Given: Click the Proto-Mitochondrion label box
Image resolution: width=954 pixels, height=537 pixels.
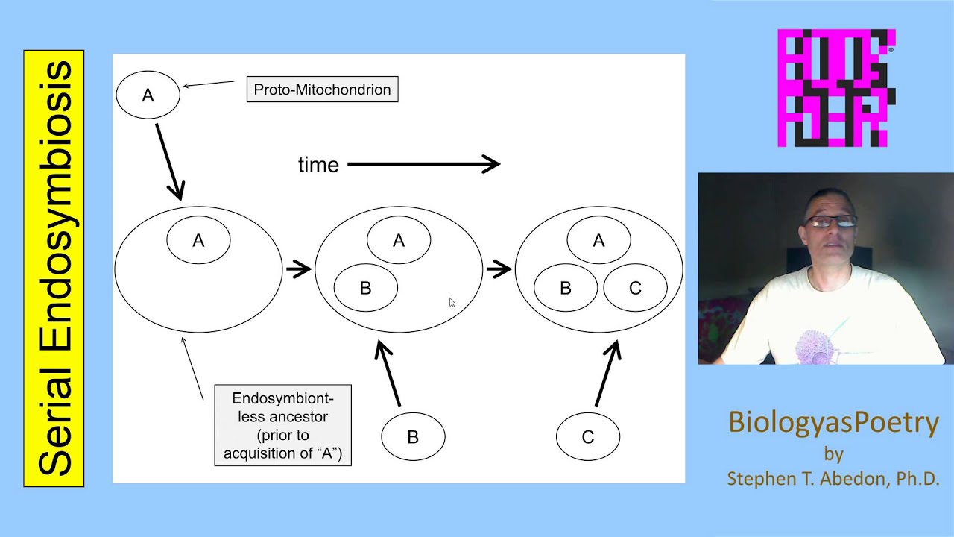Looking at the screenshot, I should pos(322,89).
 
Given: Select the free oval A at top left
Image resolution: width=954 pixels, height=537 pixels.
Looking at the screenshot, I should pos(148,95).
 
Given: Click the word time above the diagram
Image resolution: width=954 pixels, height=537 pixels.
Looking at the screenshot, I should pos(318,165).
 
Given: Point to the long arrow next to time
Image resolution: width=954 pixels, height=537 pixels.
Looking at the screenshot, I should pos(423,164).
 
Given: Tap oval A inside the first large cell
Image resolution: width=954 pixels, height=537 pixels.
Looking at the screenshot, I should pos(198,240).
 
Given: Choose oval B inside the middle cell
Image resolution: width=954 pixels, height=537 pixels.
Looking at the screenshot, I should pos(365,288).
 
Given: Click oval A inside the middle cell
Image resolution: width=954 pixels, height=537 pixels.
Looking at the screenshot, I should pos(399,240).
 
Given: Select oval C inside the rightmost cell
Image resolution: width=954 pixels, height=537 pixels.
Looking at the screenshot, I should pos(635,288).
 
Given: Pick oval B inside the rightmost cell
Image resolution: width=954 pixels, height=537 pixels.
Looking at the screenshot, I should pos(565,288).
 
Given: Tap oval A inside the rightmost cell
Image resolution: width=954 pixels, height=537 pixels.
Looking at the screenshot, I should pos(598,240).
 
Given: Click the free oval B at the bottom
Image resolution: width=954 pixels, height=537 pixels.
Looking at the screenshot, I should pos(413,437).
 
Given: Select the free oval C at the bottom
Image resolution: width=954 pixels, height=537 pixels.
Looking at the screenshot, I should pos(587,437).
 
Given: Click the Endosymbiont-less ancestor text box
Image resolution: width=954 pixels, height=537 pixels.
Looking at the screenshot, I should pos(282,425).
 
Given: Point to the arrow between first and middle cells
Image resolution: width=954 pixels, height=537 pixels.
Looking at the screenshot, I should pos(299,269).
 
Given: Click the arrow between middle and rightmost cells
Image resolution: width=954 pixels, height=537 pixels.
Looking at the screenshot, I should pos(499,269).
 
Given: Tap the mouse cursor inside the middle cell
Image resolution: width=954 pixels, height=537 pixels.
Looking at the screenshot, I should pos(452,302).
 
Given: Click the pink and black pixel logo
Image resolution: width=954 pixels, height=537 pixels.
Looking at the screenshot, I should pos(836,88).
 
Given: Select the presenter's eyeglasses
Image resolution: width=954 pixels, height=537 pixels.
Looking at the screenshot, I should pos(830,222).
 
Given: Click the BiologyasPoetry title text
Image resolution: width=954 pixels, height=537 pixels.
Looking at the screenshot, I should pos(833,422).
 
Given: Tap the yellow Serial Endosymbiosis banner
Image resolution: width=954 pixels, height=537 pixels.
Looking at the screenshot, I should pos(54,268).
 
